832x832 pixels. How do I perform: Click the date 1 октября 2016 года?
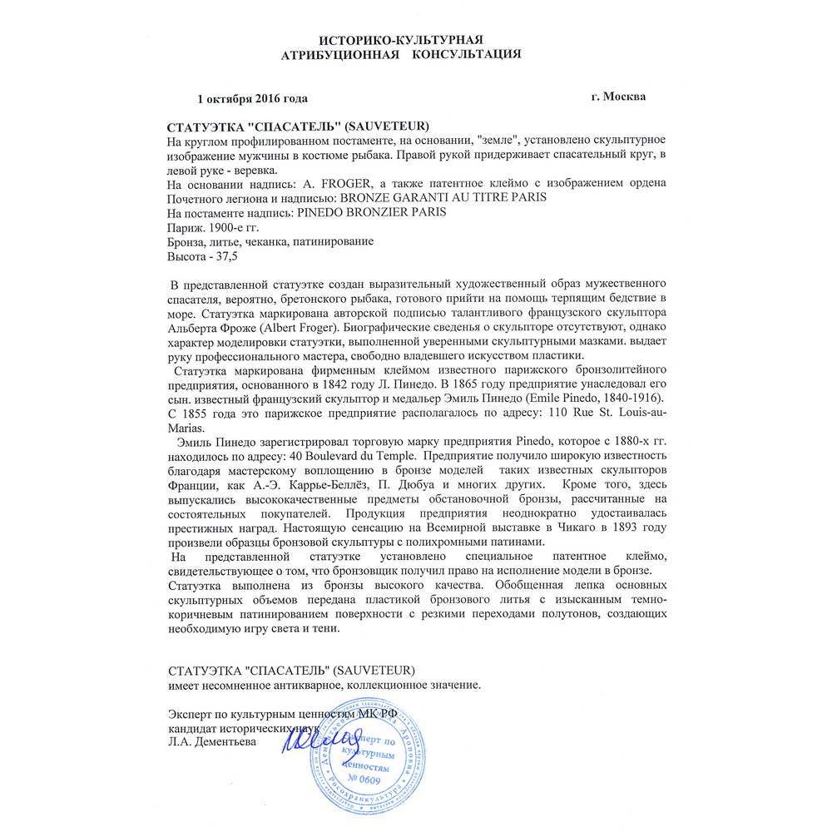252,98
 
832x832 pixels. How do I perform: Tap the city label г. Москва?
617,96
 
